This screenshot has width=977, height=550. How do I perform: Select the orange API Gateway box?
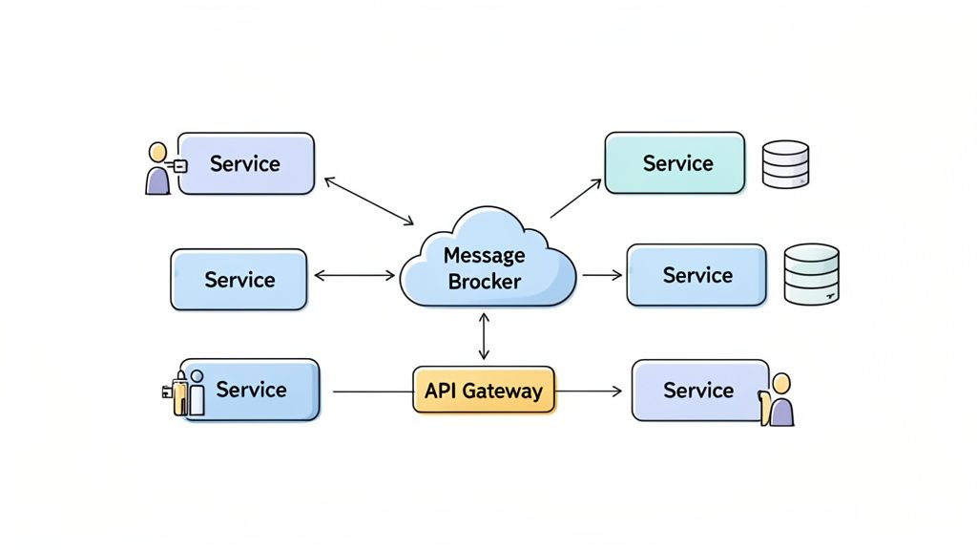(484, 390)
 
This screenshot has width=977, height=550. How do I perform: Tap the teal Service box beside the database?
(675, 163)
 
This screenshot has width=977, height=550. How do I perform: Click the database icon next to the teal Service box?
(785, 164)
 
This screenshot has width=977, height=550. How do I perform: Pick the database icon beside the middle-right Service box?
(811, 274)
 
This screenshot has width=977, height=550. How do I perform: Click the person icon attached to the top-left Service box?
(158, 169)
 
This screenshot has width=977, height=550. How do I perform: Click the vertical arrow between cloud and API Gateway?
(485, 336)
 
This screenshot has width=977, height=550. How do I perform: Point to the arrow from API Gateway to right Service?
(589, 391)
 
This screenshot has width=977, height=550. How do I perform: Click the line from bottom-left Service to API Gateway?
(372, 391)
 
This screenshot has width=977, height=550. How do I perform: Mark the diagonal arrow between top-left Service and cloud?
(368, 201)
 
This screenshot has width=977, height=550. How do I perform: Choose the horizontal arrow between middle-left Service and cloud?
(354, 276)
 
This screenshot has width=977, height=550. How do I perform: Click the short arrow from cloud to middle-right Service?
(601, 275)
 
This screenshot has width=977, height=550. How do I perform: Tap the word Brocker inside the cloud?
(485, 282)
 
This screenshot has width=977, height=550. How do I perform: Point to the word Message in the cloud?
(485, 255)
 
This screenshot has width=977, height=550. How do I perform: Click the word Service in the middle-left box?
(239, 280)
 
